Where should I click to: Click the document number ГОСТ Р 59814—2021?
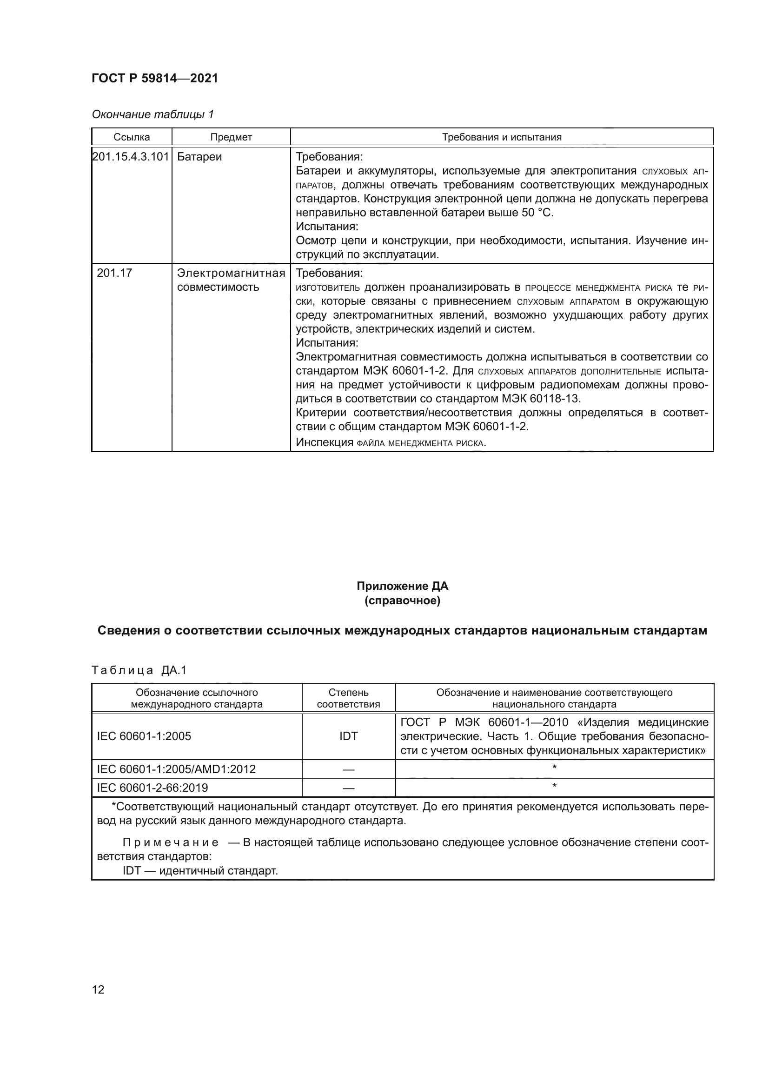coord(155,78)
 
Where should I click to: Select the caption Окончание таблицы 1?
coord(153,114)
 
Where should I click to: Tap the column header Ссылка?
coord(132,137)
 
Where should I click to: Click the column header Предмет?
coord(231,137)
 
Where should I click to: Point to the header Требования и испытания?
coord(502,137)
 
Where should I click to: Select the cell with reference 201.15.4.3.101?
coord(131,157)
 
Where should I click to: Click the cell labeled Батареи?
coord(199,157)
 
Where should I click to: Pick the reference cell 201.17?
coord(114,273)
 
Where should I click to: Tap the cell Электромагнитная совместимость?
coord(231,280)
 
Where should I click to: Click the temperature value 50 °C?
coord(537,213)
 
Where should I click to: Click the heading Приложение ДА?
coord(402,586)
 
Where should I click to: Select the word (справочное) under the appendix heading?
coord(402,601)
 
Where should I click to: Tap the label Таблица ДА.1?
coord(139,670)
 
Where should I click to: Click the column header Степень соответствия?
coord(349,698)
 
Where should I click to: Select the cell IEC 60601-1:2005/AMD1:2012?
coord(176,769)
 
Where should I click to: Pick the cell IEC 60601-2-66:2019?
coord(152,788)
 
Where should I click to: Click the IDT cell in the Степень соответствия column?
coord(349,736)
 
